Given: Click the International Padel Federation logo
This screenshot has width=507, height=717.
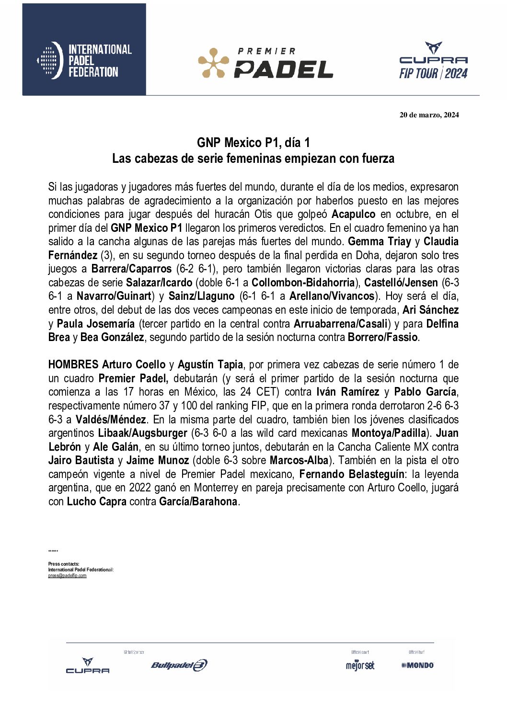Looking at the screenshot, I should [x=84, y=60].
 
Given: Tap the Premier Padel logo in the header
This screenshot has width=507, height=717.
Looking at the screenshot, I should [x=265, y=63].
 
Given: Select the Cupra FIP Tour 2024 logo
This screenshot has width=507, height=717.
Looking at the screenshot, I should [x=433, y=61].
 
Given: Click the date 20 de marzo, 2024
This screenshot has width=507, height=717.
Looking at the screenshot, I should [x=429, y=114].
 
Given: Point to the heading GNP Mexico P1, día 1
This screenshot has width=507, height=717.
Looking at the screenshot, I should [x=253, y=143].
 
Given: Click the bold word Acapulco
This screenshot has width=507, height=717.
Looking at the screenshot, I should [x=353, y=214].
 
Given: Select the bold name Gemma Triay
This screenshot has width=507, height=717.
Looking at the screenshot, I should [x=380, y=241].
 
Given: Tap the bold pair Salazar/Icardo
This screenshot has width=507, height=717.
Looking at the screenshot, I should [x=159, y=283].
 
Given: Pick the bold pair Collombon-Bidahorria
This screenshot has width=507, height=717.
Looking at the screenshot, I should [x=303, y=283].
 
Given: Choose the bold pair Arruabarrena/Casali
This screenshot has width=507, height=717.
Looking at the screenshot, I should [x=340, y=324].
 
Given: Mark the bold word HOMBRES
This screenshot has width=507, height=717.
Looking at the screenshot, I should [x=73, y=364].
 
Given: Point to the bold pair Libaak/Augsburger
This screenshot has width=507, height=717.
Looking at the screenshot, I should [x=143, y=433].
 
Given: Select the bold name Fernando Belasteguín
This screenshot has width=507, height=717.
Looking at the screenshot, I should [x=352, y=474].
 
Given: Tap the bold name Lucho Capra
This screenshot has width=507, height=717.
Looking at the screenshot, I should [x=97, y=501].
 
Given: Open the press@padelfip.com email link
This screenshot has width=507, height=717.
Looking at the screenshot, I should [x=67, y=576].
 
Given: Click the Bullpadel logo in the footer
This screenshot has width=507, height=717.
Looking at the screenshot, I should [x=179, y=665].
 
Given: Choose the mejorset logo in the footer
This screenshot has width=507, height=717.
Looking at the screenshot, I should [x=360, y=665].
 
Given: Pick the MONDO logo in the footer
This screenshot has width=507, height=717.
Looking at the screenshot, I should [x=417, y=665].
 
